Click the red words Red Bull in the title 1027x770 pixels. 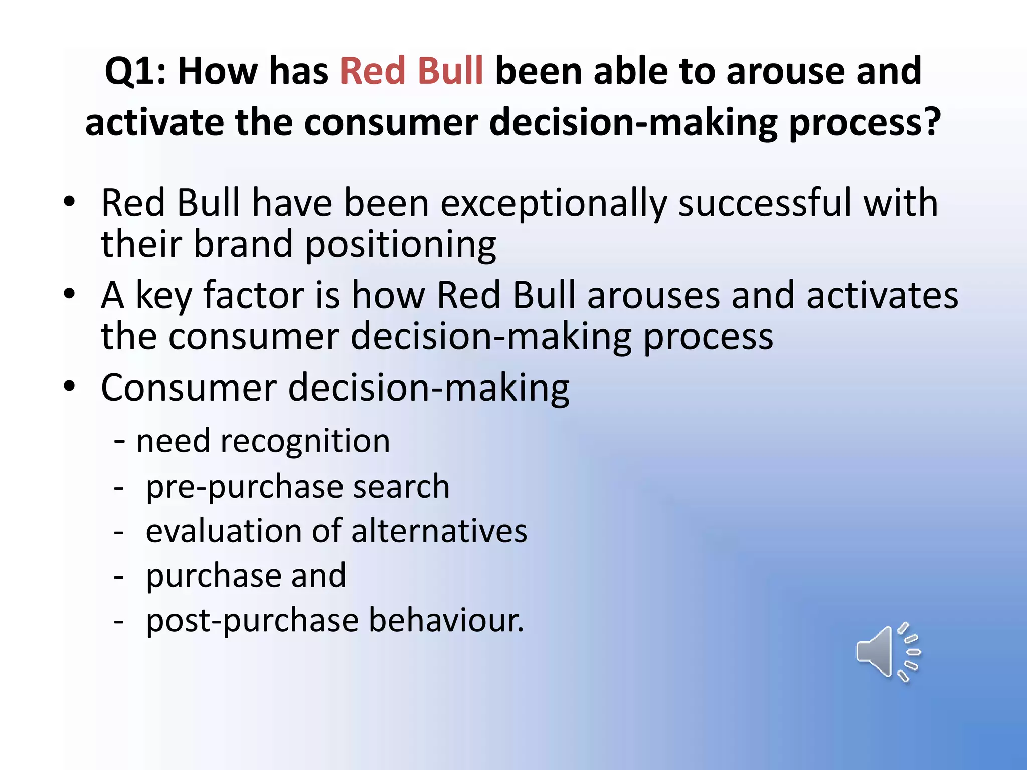click(x=411, y=71)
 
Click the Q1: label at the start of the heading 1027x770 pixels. click(x=135, y=71)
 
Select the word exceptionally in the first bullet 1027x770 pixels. click(x=554, y=204)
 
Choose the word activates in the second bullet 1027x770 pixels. click(x=882, y=295)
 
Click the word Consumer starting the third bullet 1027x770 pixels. click(x=189, y=388)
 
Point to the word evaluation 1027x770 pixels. click(x=224, y=531)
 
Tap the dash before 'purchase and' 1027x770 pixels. click(x=119, y=577)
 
